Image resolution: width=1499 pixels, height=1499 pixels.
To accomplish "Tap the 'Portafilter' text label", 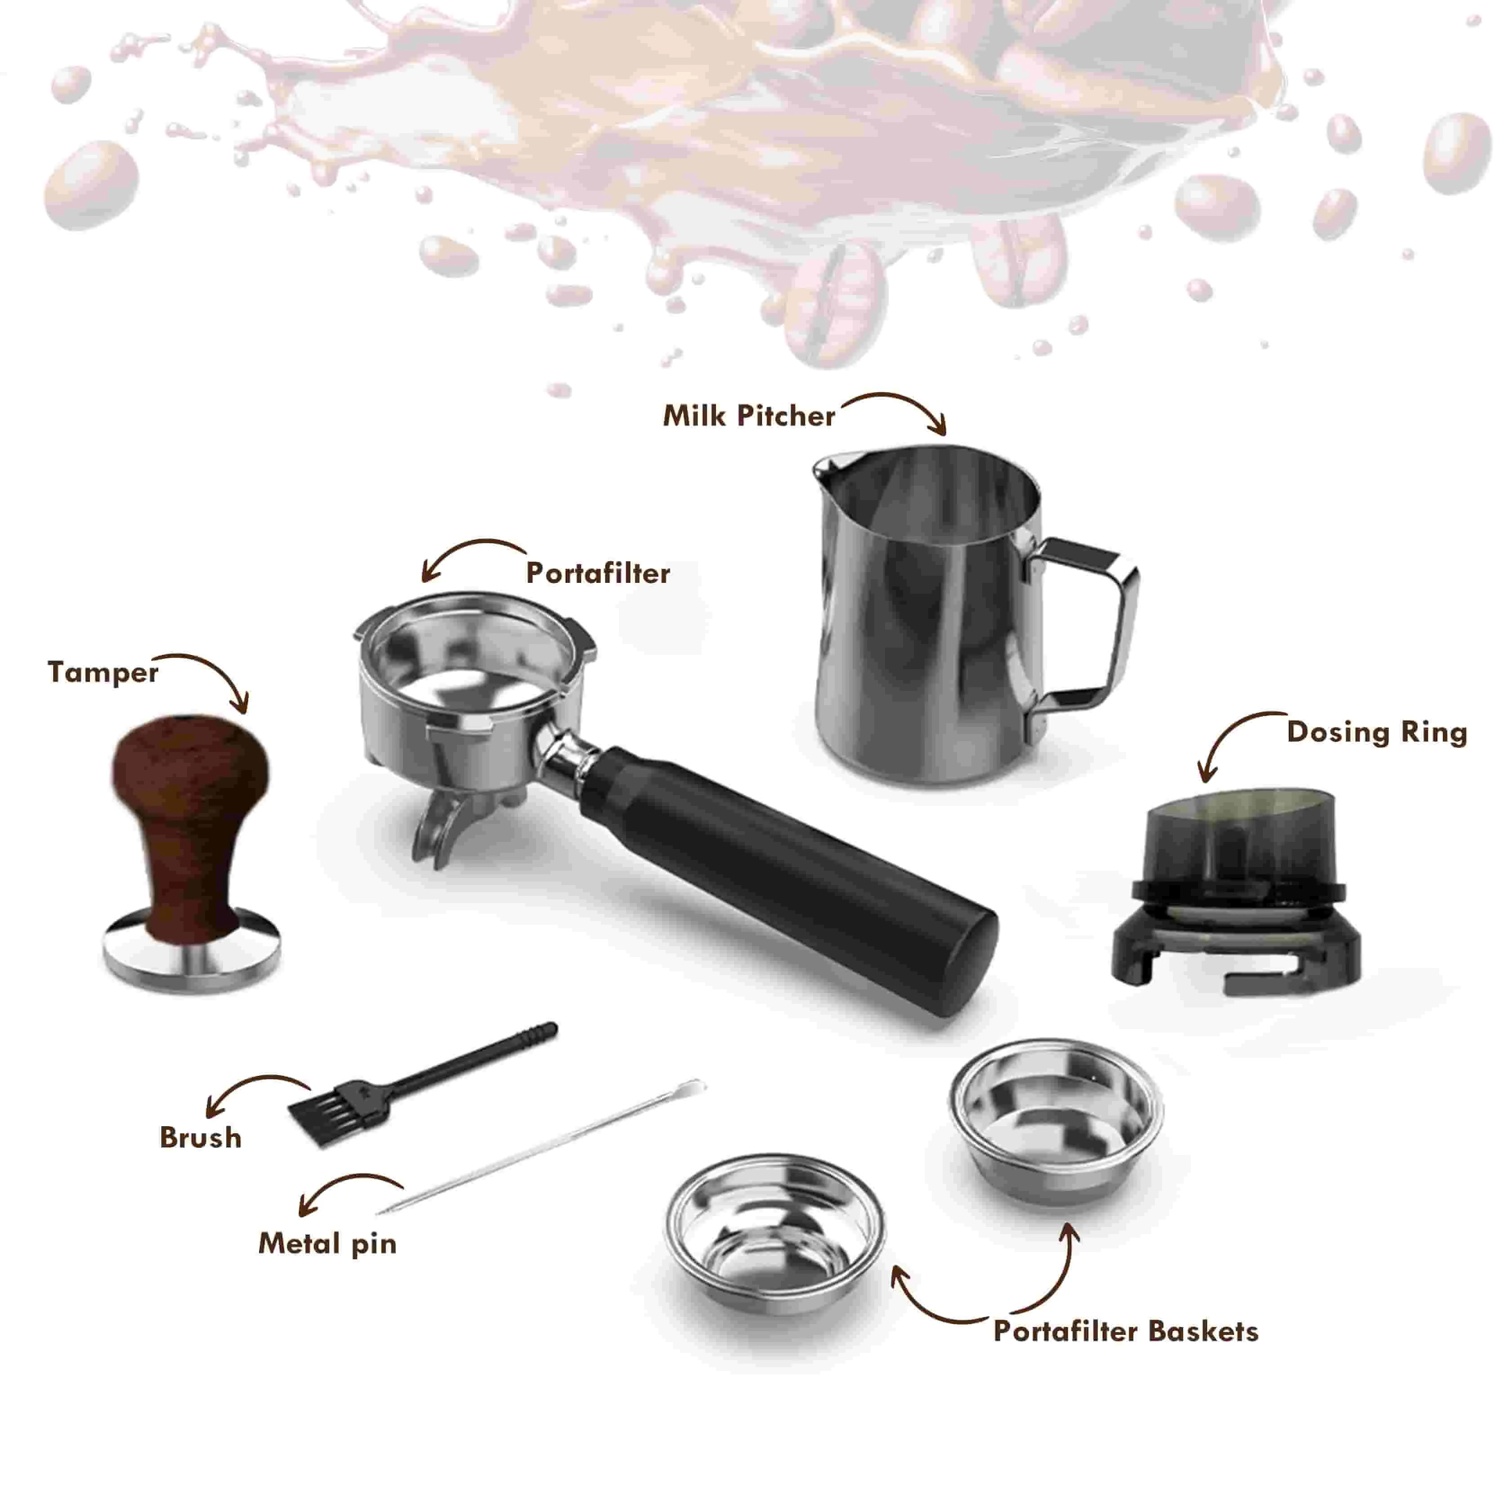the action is (x=597, y=573).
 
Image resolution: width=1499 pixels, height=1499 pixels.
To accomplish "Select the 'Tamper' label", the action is (x=103, y=672).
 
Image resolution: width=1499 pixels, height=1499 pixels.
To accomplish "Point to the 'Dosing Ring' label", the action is (x=1376, y=732).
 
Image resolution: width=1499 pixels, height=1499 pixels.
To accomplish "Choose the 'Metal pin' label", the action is (x=327, y=1244).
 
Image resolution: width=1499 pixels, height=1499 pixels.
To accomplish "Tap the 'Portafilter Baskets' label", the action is (x=1126, y=1331).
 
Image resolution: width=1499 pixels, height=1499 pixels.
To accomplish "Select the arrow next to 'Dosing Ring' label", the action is (x=1226, y=733).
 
